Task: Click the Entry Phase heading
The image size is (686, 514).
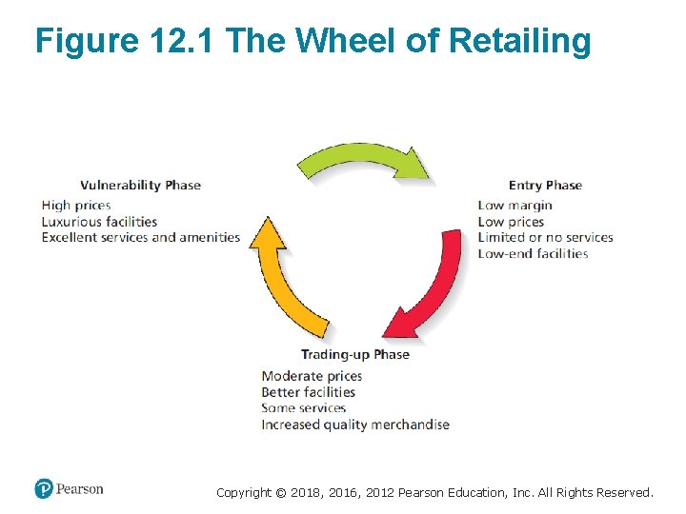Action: tap(545, 186)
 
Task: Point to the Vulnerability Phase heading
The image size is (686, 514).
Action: tap(140, 186)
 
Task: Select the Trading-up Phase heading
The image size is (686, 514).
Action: tap(355, 355)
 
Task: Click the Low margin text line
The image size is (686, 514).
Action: tap(514, 206)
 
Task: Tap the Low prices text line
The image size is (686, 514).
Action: tap(511, 222)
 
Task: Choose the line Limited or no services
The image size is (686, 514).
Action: tap(545, 238)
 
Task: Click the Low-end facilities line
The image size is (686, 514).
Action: tap(533, 254)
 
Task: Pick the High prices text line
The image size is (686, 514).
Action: tap(76, 206)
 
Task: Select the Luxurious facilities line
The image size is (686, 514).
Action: tap(99, 222)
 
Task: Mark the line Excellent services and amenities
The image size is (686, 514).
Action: tap(141, 238)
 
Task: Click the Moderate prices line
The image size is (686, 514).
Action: tap(312, 376)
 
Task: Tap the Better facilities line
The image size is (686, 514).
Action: tap(308, 392)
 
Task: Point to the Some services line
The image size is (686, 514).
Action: tap(303, 408)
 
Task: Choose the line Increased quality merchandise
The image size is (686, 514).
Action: tap(355, 425)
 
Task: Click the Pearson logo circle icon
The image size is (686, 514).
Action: tap(44, 489)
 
